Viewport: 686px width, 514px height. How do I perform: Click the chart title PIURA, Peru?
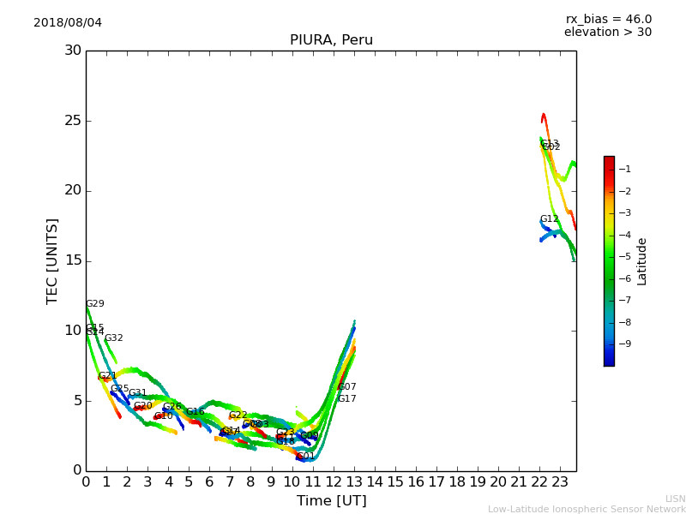point(331,40)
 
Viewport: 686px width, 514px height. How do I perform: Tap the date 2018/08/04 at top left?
point(68,22)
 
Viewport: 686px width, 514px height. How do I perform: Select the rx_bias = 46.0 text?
point(608,19)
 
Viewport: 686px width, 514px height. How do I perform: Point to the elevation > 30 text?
point(607,33)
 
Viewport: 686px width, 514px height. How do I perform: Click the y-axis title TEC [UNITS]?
point(52,260)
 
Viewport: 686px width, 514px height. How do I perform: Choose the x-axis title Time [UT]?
point(331,501)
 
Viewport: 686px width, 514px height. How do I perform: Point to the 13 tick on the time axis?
point(354,481)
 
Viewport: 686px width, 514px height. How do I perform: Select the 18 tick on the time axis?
point(457,481)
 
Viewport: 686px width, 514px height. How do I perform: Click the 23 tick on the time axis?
point(560,481)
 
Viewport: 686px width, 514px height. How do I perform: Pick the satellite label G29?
point(95,304)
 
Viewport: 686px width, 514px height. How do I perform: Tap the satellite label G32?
point(114,338)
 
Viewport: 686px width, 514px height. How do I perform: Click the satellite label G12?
point(549,219)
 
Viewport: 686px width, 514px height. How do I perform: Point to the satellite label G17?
point(346,399)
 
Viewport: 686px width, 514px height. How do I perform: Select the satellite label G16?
point(196,412)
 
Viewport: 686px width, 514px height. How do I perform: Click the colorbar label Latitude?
point(642,261)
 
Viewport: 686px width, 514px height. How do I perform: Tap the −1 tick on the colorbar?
point(625,170)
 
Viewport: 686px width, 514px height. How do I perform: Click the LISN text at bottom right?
point(675,499)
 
